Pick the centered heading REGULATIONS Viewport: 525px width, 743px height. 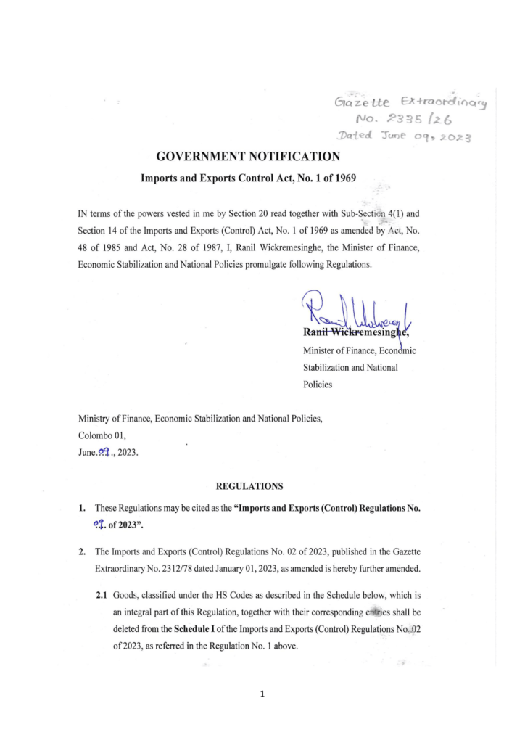click(249, 485)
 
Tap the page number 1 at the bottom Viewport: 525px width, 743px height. click(262, 694)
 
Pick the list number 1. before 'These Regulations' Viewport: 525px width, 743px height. click(83, 508)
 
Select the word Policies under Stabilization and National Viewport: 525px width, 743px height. click(318, 385)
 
